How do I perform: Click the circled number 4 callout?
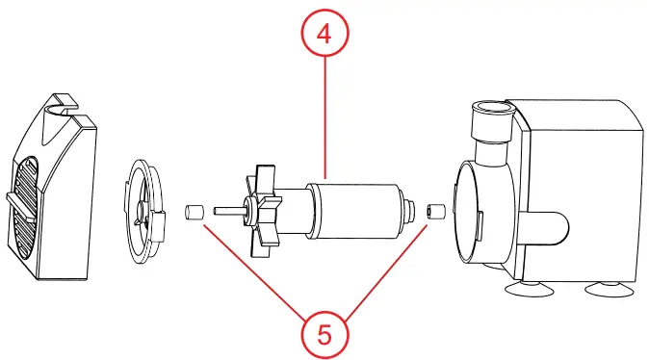tap(324, 35)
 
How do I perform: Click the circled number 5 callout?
tap(324, 334)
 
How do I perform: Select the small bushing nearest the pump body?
tap(434, 210)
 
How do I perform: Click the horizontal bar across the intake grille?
tap(24, 200)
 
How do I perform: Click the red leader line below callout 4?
tap(324, 116)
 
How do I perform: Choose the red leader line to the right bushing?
tap(385, 270)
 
